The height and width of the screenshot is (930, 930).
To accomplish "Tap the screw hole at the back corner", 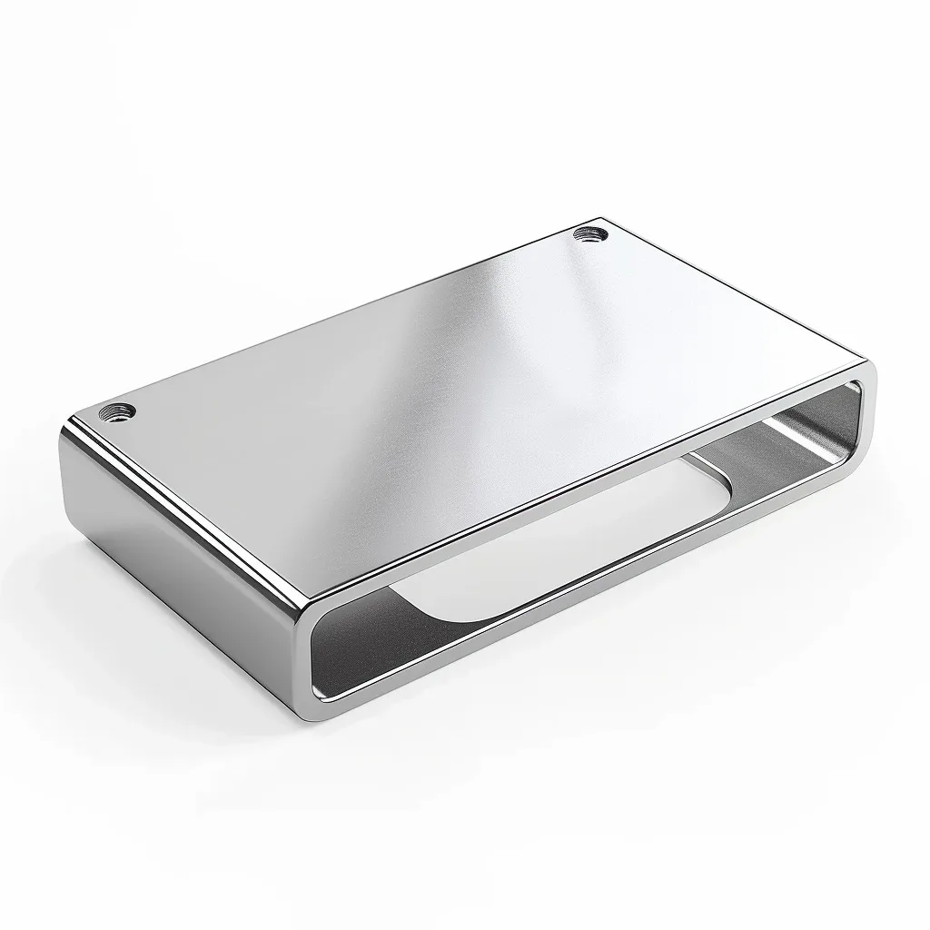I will point(590,235).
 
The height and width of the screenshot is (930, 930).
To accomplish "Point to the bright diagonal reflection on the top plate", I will point(454,363).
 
